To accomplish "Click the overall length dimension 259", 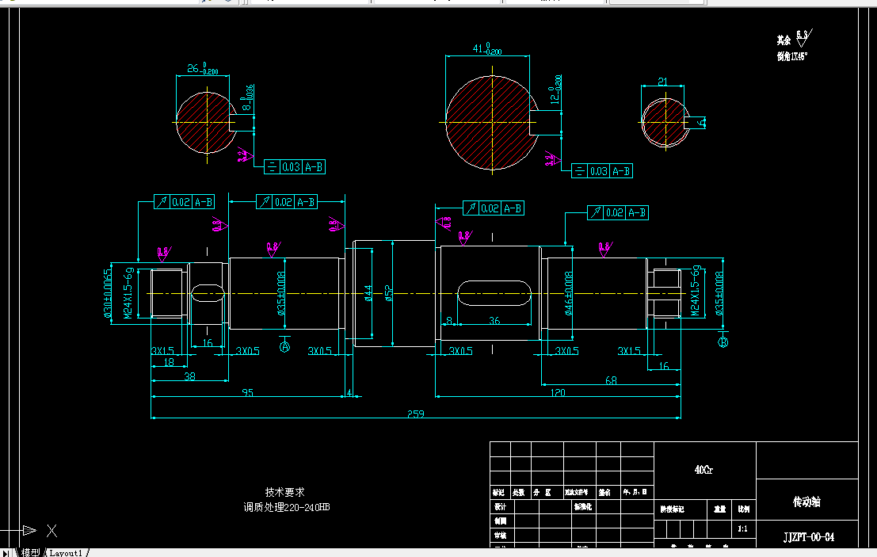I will (416, 414).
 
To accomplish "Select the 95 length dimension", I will (247, 392).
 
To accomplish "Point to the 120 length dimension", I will (559, 392).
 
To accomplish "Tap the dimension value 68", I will (611, 380).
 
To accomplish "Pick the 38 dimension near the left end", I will (189, 377).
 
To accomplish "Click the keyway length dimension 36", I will (494, 321).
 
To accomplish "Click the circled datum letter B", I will (723, 341).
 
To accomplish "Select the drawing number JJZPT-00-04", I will (807, 536).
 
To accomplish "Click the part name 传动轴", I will (807, 502).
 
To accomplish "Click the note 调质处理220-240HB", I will (286, 507).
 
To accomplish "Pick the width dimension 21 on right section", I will (663, 81).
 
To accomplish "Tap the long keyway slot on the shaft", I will (494, 294).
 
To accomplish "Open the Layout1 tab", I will (66, 552).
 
